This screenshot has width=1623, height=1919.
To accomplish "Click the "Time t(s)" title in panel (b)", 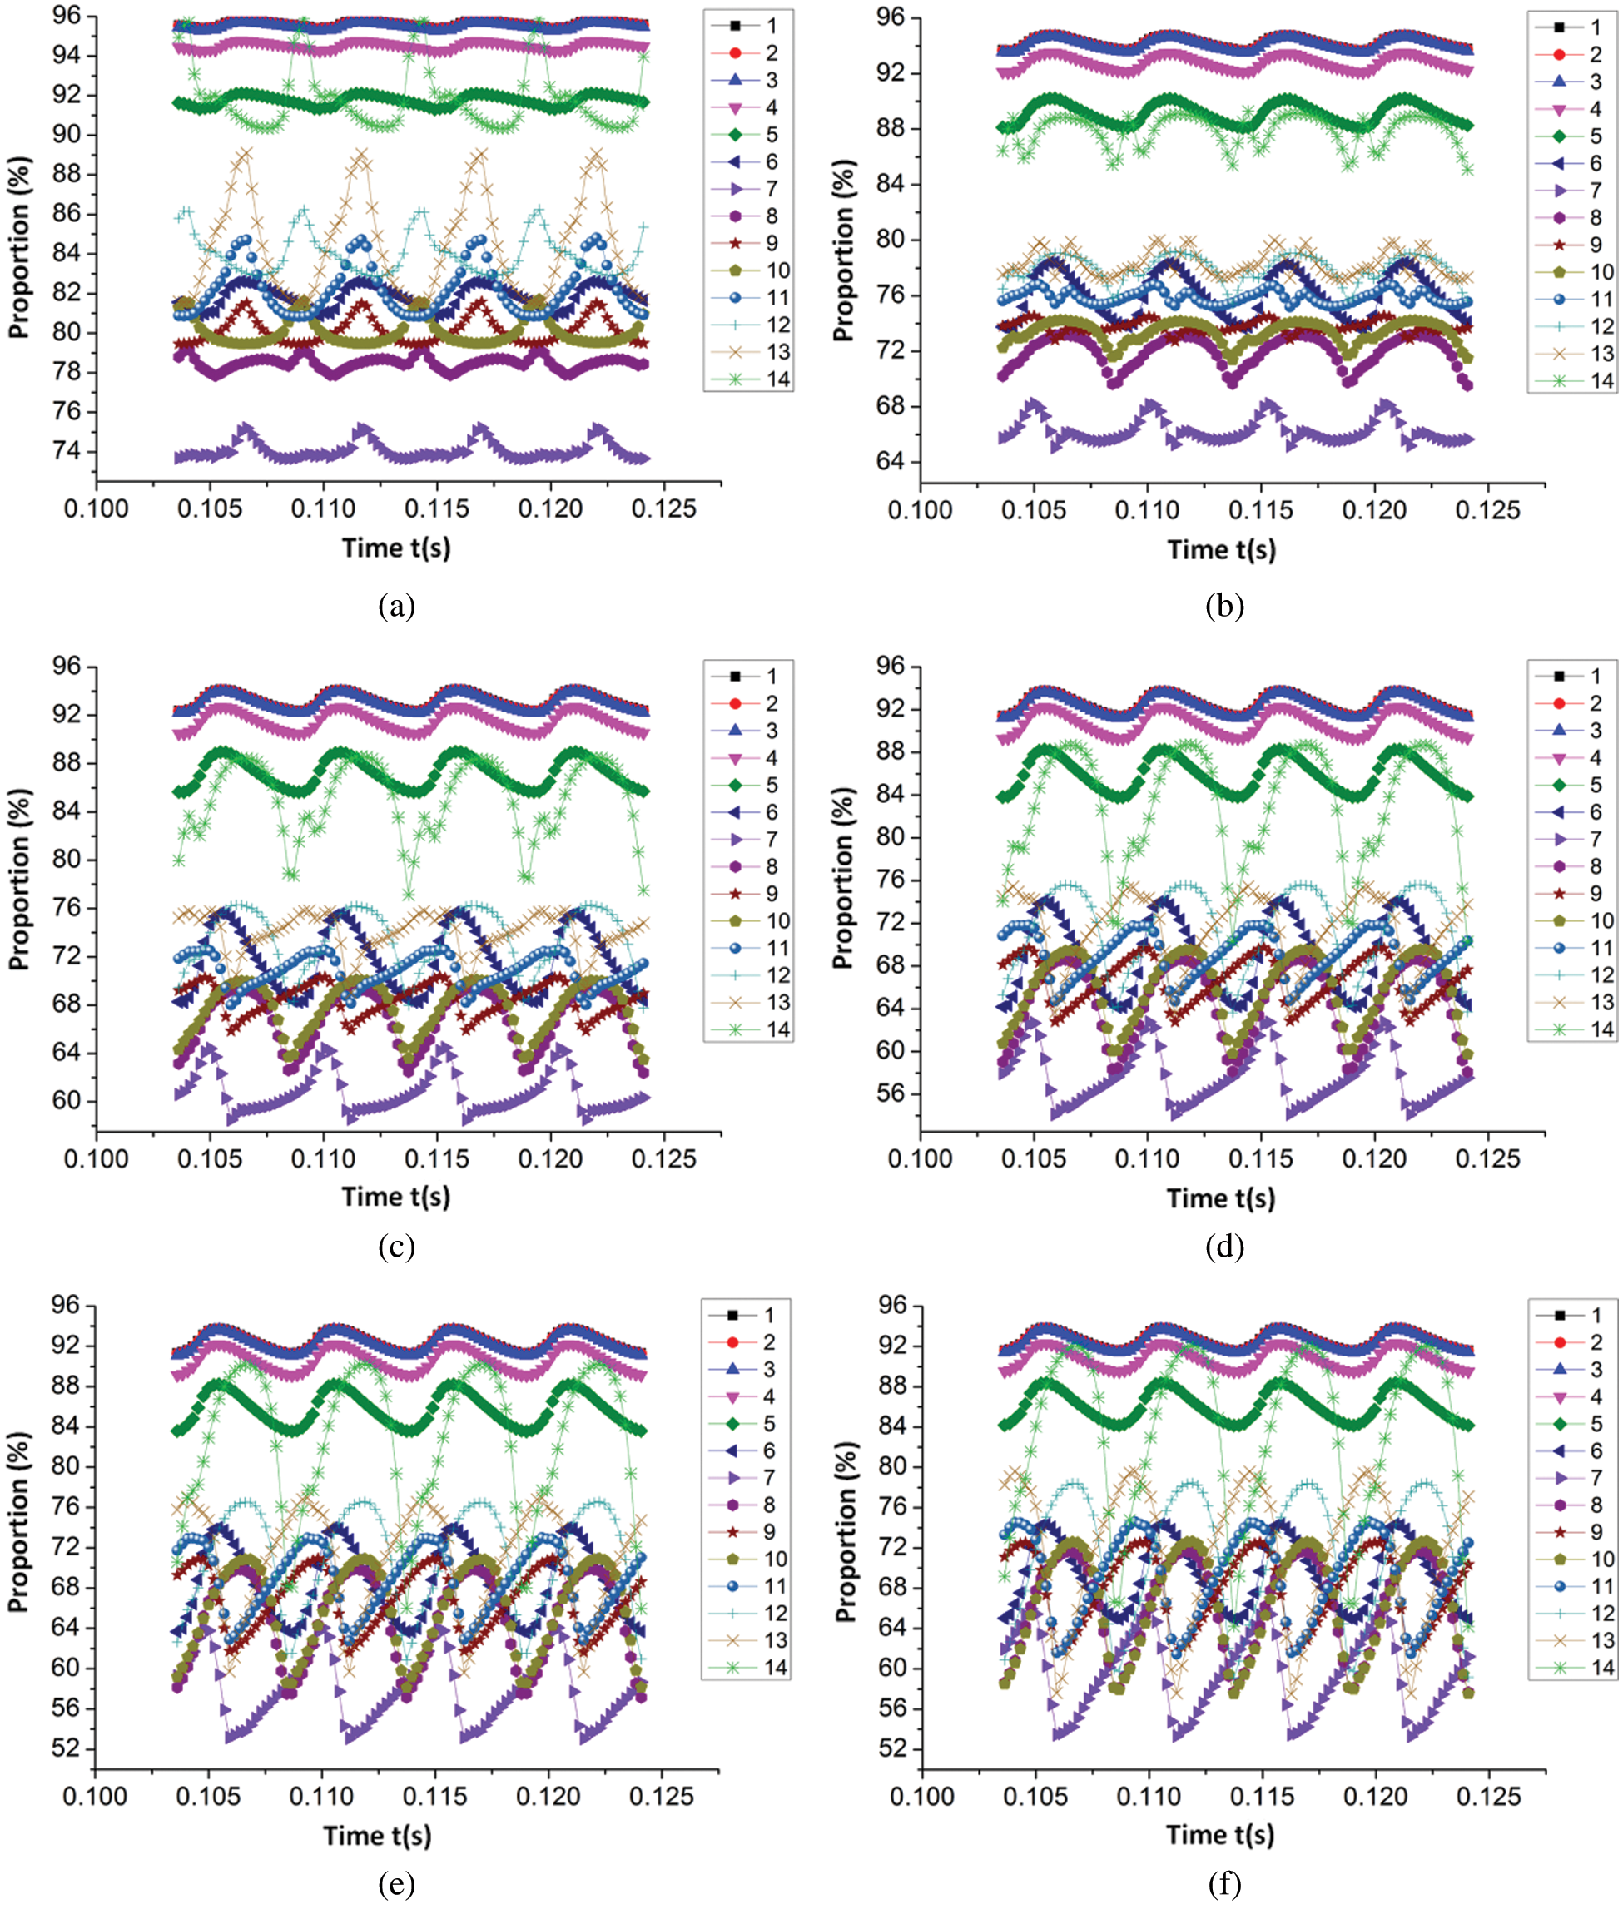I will pos(1221,550).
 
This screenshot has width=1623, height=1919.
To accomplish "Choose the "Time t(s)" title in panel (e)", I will pos(377,1835).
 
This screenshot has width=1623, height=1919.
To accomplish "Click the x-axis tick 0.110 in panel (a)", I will pos(323,508).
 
